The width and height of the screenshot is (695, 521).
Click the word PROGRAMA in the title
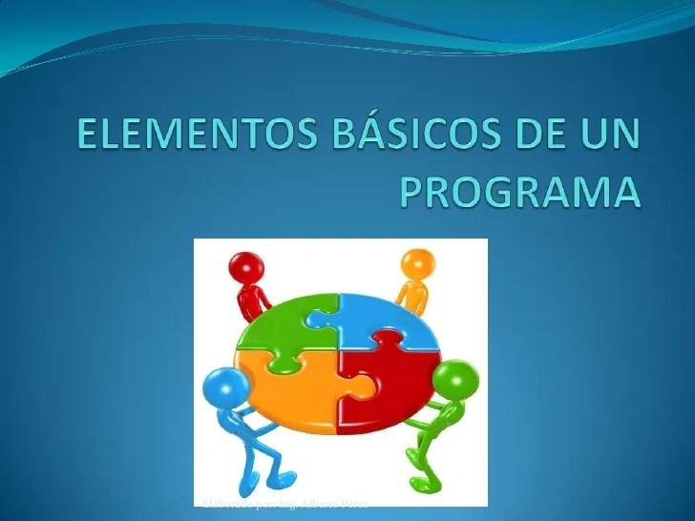518,190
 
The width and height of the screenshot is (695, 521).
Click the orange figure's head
416,262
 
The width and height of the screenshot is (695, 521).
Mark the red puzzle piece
387,386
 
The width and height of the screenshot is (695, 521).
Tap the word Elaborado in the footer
222,502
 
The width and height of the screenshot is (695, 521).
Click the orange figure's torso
411,294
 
